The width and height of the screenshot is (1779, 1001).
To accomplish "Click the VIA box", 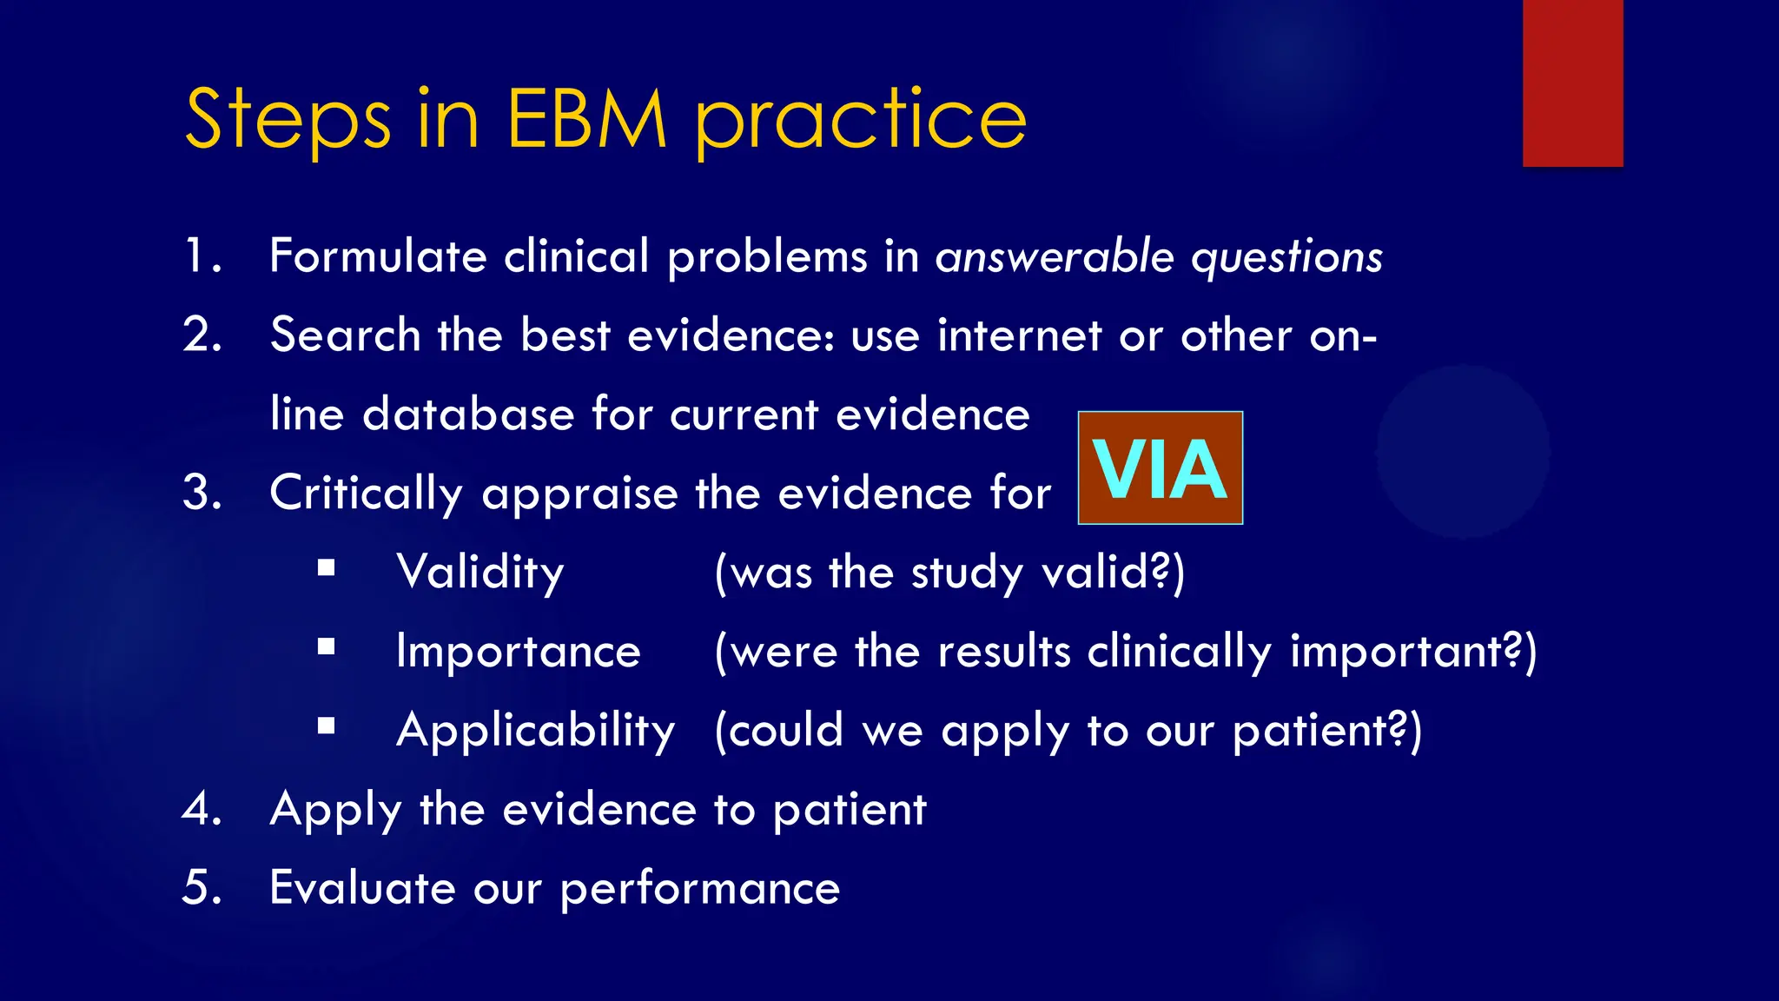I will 1160,468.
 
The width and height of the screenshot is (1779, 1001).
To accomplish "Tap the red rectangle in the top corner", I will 1572,83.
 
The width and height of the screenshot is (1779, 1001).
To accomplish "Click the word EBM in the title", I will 586,119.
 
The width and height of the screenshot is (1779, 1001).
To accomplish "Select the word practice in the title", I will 860,122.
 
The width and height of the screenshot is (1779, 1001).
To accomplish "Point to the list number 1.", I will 201,256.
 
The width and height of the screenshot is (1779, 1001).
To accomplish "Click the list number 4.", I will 201,809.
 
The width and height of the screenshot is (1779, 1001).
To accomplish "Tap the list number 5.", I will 201,888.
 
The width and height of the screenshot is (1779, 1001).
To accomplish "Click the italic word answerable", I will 1055,256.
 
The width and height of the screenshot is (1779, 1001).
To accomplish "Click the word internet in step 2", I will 1019,335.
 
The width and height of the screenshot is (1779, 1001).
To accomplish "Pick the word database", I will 468,414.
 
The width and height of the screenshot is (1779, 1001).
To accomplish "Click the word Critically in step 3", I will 366,494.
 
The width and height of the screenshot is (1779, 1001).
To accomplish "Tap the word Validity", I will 480,573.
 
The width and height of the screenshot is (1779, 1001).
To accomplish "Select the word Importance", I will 518,652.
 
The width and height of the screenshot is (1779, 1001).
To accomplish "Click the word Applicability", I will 535,731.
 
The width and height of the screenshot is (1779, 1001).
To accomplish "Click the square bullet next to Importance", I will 327,646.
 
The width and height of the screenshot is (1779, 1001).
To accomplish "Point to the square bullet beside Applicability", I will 327,726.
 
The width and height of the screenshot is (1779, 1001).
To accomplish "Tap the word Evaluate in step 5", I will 362,888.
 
